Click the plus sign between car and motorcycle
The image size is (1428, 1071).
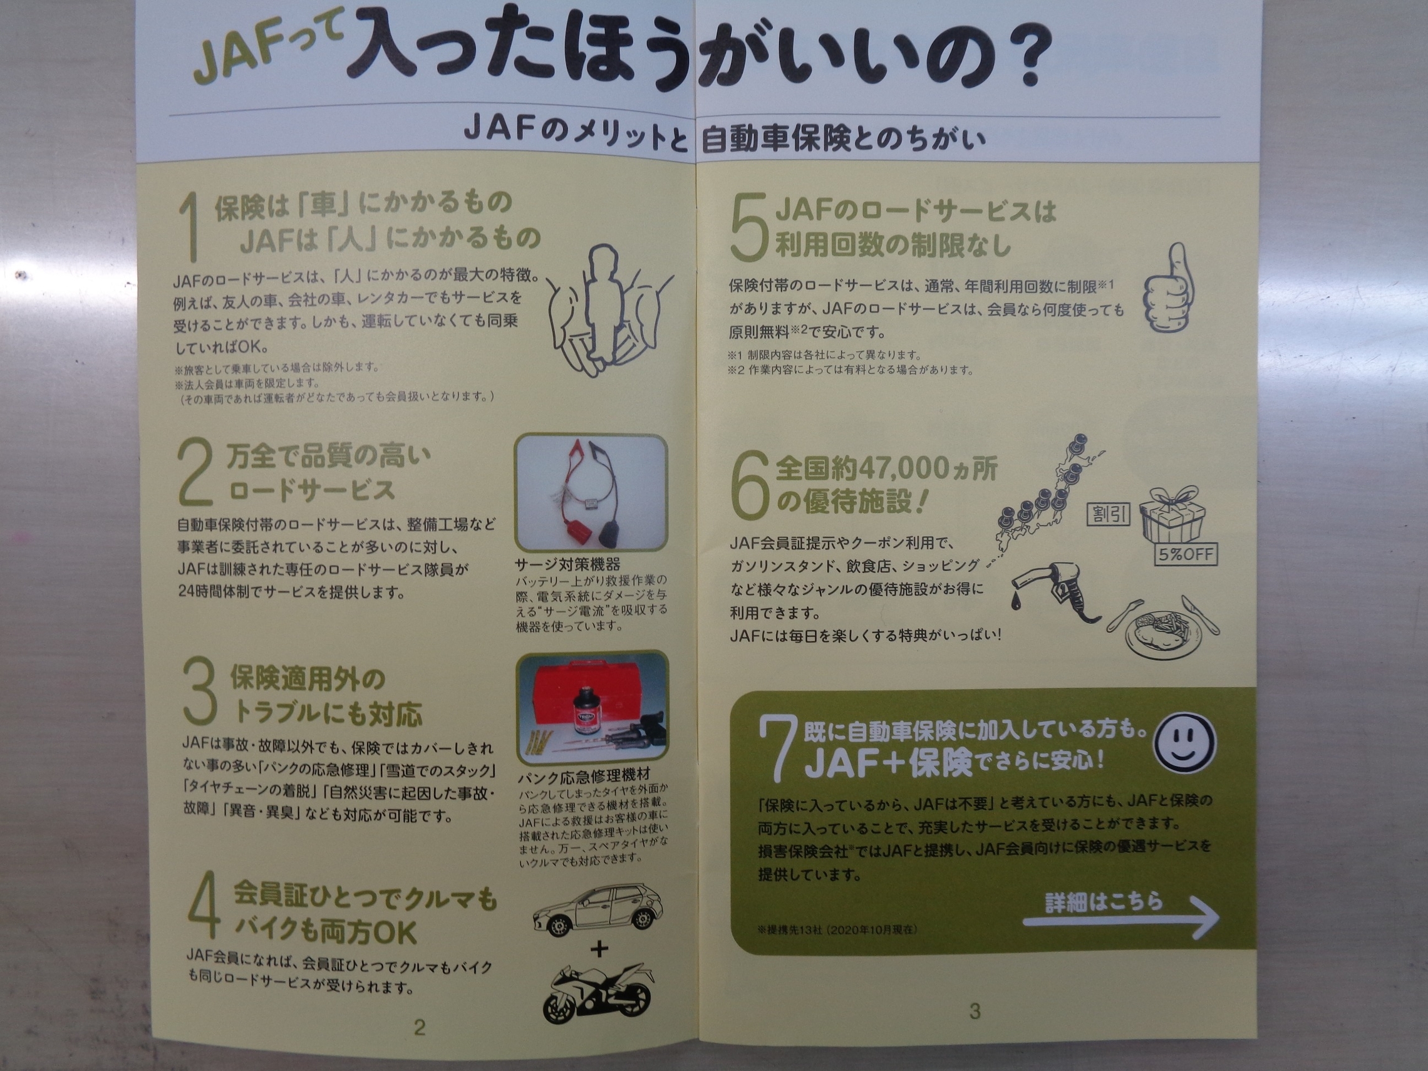tap(600, 949)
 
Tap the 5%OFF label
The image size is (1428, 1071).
tap(1186, 554)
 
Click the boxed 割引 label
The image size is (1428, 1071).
tap(1109, 514)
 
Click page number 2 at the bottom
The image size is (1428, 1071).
tap(420, 1027)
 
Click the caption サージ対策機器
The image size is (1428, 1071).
tap(567, 564)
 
